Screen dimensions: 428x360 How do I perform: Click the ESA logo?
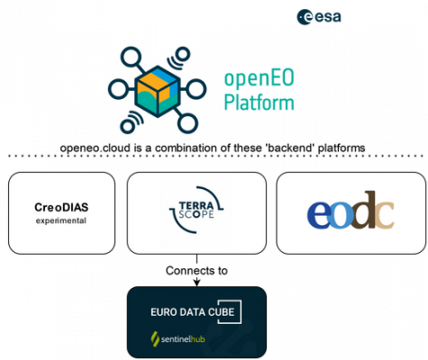[x=319, y=17]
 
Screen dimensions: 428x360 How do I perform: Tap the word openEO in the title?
[x=260, y=78]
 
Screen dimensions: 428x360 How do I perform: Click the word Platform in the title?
[x=259, y=102]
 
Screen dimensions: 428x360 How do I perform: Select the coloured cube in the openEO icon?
[x=158, y=91]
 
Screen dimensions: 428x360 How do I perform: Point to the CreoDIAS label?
[x=61, y=207]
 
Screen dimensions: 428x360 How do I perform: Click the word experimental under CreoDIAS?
[x=61, y=220]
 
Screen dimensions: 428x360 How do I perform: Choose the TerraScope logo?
[x=196, y=210]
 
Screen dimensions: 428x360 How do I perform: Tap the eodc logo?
[x=351, y=210]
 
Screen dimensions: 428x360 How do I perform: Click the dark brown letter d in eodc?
[x=364, y=210]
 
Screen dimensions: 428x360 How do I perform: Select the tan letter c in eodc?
[x=384, y=215]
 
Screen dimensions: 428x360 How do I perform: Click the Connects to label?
[x=196, y=271]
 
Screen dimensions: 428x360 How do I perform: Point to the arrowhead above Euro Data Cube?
[x=196, y=282]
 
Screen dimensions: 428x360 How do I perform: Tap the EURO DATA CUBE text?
[x=193, y=312]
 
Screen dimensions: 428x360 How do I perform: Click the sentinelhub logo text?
[x=183, y=339]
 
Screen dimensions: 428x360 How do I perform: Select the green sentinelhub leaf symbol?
[x=155, y=339]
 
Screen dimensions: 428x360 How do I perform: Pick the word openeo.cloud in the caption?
[x=96, y=148]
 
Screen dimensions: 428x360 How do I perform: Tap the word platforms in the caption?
[x=341, y=148]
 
